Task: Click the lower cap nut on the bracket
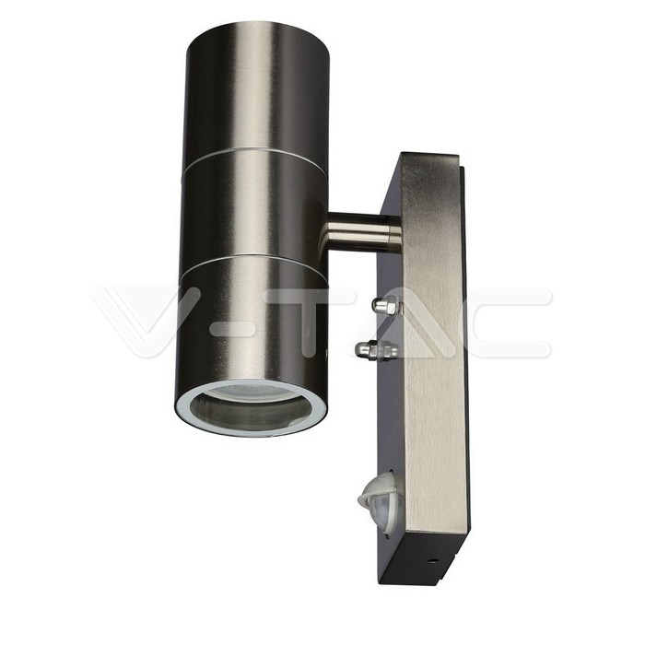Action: pyautogui.click(x=376, y=349)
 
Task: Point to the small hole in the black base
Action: pyautogui.click(x=431, y=560)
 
